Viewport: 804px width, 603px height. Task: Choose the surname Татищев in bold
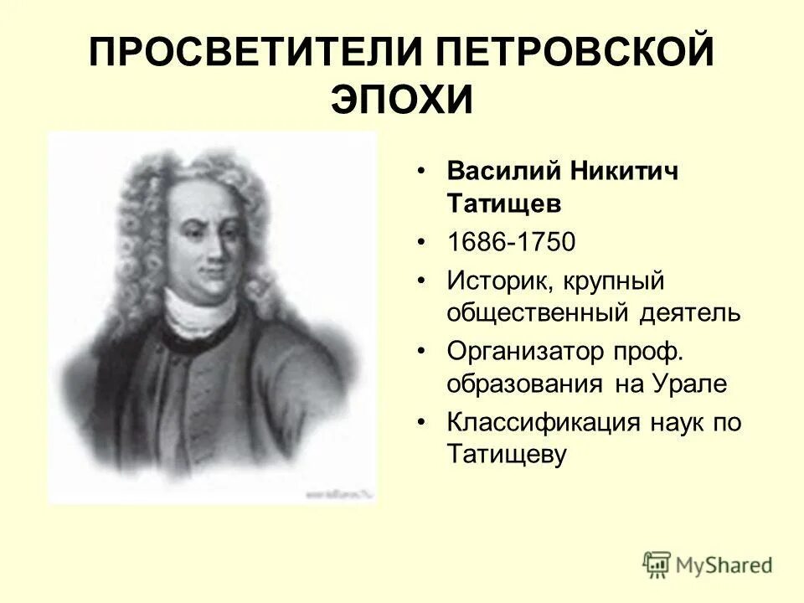pos(502,204)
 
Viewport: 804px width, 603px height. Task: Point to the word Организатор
pos(525,351)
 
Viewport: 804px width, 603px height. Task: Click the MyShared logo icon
pos(657,565)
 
